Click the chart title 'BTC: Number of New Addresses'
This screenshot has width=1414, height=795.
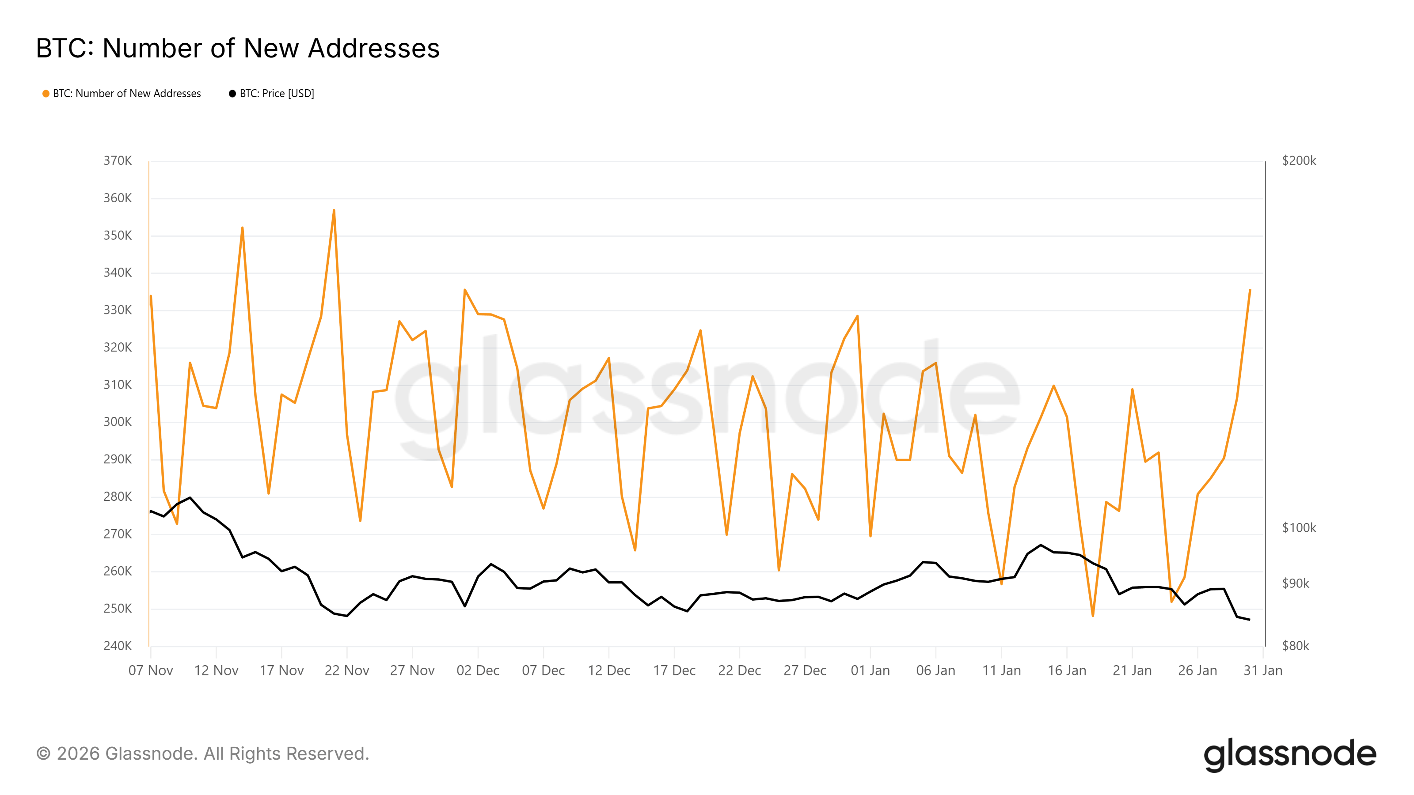tap(237, 48)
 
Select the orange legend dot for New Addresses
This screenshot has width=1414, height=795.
tap(46, 94)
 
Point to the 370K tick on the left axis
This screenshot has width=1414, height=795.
tap(118, 161)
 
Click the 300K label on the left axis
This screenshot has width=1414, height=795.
tap(118, 422)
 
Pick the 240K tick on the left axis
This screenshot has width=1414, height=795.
tap(118, 646)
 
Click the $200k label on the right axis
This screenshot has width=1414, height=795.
tap(1299, 161)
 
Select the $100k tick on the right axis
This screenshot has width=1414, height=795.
tap(1299, 528)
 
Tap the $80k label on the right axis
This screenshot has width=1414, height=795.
tap(1296, 646)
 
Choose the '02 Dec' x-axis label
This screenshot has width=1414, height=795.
tap(478, 670)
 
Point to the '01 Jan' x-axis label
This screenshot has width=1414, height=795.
tap(870, 670)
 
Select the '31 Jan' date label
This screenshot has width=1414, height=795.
tap(1262, 670)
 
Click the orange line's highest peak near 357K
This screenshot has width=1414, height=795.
tap(334, 211)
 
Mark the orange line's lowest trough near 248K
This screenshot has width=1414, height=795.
tap(1093, 616)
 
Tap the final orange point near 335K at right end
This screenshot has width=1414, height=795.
tap(1250, 290)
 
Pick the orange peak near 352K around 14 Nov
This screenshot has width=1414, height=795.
tap(242, 228)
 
